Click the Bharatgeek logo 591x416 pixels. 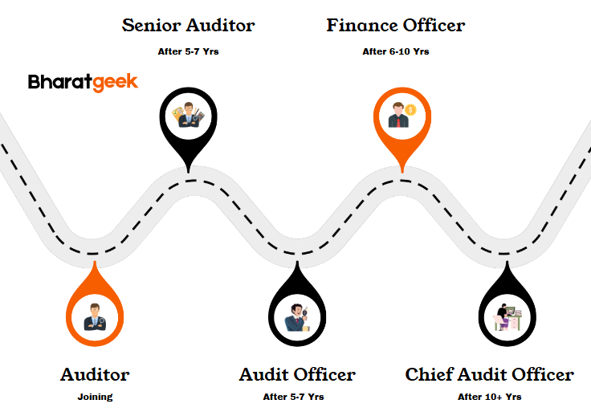point(83,82)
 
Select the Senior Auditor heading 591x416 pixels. point(188,25)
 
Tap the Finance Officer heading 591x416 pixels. point(395,25)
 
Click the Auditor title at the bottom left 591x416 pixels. point(95,374)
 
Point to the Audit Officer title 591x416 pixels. point(297,374)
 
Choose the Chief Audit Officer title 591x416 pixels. point(489,374)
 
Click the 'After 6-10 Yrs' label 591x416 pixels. point(395,51)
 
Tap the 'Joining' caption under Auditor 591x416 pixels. point(95,397)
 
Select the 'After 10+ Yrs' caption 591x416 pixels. point(489,397)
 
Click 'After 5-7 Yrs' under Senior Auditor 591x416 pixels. point(188,51)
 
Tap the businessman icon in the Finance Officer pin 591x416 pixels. point(399,116)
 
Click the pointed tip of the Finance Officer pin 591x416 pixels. point(400,170)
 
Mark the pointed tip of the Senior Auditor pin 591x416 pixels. point(188,170)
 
